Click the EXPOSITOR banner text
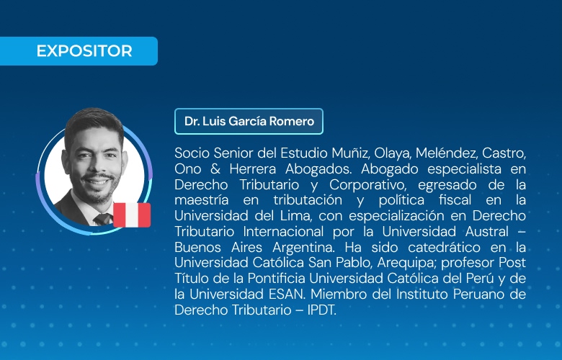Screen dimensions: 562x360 [x=84, y=51]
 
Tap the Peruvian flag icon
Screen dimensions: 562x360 [x=132, y=215]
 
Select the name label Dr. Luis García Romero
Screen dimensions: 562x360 [x=249, y=122]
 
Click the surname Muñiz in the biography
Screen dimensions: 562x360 [x=350, y=153]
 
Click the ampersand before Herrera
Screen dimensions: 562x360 [x=215, y=169]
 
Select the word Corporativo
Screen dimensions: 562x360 [x=370, y=186]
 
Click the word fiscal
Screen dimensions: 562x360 [x=455, y=200]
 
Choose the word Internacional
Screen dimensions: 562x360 [x=283, y=231]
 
